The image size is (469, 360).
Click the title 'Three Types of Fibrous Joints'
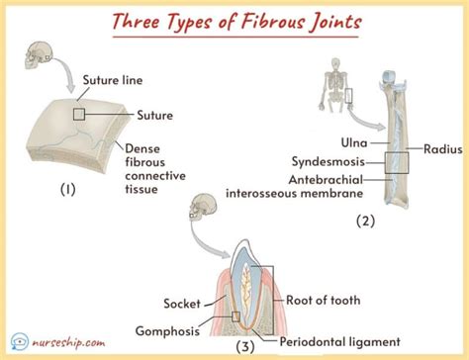click(x=234, y=21)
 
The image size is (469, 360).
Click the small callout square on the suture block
click(x=78, y=116)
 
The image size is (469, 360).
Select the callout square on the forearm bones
click(x=398, y=159)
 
